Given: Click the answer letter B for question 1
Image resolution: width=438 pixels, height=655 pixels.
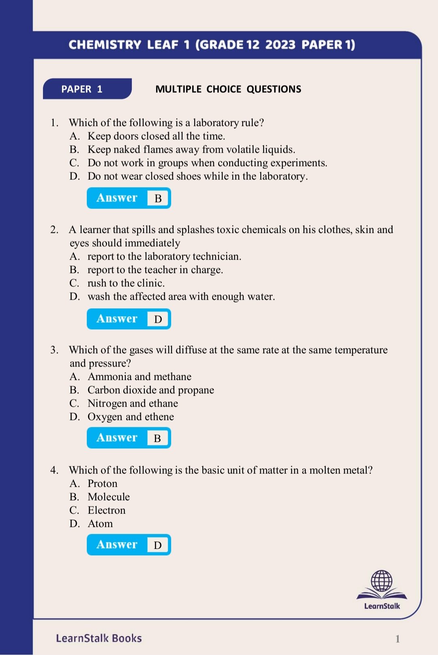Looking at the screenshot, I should coord(158,198).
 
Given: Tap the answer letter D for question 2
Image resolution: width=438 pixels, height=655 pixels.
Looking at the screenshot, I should coord(158,319).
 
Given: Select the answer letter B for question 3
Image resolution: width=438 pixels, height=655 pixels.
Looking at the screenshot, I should coord(158,438).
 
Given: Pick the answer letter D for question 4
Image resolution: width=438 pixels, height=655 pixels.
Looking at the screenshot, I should coord(158,545).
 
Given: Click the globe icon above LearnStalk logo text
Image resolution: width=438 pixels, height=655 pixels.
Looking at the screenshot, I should coord(382,581).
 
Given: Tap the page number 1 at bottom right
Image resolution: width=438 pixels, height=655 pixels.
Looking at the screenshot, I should coord(397,639).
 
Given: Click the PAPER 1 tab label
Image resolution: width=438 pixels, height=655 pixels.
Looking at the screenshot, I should coord(82,89).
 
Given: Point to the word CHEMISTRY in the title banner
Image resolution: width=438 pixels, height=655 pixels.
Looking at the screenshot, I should coord(105,45).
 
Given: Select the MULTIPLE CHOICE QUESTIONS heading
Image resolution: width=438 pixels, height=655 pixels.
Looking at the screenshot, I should coord(228,89).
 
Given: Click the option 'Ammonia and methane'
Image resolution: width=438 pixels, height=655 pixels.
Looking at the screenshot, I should coord(140,377).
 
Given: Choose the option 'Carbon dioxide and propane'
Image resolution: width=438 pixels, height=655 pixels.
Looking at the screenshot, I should coord(151,390).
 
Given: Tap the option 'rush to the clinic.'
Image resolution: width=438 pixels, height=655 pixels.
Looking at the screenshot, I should coord(126,283).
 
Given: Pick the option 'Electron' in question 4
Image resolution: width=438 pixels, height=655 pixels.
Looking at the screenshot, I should coord(107,510).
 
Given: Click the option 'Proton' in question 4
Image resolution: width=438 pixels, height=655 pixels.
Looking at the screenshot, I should coord(103,484).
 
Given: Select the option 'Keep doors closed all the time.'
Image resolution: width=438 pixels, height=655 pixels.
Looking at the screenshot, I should coord(156,136).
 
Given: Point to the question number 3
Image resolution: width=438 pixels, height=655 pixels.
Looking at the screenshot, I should coord(54,350).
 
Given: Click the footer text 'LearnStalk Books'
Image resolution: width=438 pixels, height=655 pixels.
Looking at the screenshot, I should coord(99,638).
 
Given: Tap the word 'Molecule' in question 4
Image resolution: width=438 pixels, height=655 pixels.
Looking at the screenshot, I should coord(109,497).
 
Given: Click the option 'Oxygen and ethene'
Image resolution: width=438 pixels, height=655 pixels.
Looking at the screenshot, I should coord(131,417).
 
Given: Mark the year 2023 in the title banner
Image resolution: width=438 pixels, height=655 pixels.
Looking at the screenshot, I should coord(280,45).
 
